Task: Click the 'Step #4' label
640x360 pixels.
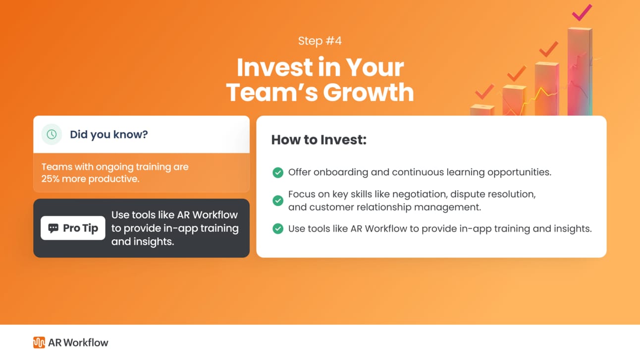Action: pyautogui.click(x=320, y=41)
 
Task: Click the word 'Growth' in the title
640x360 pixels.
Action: pyautogui.click(x=368, y=92)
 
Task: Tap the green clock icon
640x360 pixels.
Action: pyautogui.click(x=52, y=134)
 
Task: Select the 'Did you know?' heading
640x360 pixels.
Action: pyautogui.click(x=109, y=134)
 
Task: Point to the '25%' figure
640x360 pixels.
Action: pyautogui.click(x=51, y=179)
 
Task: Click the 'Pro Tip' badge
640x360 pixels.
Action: pyautogui.click(x=73, y=228)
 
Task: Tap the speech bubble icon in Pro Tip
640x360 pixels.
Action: pyautogui.click(x=53, y=228)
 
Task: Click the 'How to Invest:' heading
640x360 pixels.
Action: pyautogui.click(x=319, y=140)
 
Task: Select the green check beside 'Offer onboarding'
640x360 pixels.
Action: pyautogui.click(x=278, y=172)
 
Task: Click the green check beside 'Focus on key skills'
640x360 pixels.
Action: pyautogui.click(x=278, y=200)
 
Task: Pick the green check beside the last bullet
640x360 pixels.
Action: pyautogui.click(x=278, y=229)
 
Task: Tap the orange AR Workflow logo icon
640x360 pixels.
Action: pyautogui.click(x=39, y=342)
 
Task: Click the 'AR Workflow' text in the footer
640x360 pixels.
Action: pyautogui.click(x=78, y=342)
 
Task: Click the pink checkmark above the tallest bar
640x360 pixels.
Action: pyautogui.click(x=582, y=12)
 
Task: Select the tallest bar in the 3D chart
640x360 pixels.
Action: pyautogui.click(x=580, y=71)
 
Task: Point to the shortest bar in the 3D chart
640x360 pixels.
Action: pyautogui.click(x=482, y=110)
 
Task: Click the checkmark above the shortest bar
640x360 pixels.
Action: pyautogui.click(x=484, y=92)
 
